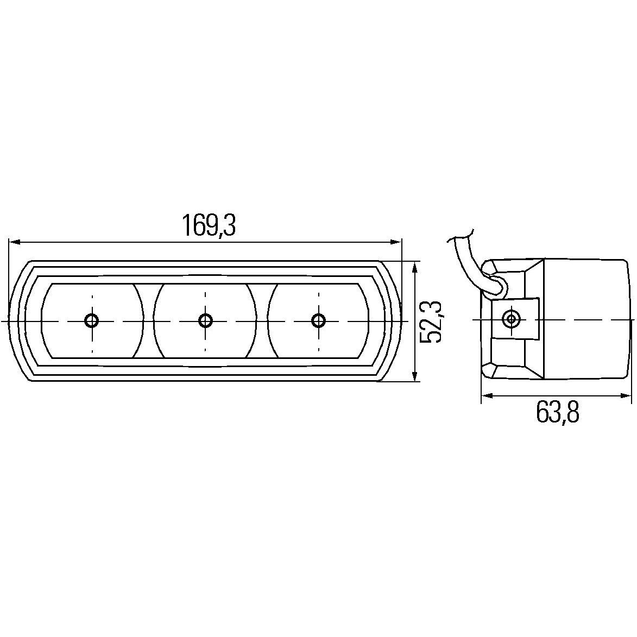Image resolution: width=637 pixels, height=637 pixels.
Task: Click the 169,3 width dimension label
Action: [x=209, y=225]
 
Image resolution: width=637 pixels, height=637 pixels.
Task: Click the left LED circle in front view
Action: [x=92, y=320]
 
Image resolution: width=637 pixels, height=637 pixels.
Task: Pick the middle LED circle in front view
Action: [x=205, y=320]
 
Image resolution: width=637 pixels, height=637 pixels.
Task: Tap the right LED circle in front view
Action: [x=318, y=320]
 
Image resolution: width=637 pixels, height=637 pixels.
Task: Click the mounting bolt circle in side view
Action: [x=510, y=318]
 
